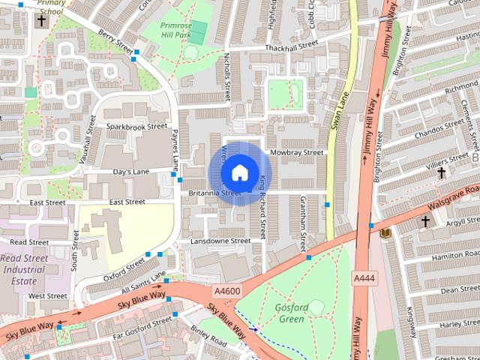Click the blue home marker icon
coord(239,172)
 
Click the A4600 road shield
coord(227,290)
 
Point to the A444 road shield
coord(364,277)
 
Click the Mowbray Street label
coord(296,152)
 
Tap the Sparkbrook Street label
coord(136,126)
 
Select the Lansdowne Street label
coord(220,241)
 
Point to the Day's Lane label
coord(130,172)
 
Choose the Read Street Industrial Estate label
coord(25,267)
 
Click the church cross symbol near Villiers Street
coord(442,173)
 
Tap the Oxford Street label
coord(124,268)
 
